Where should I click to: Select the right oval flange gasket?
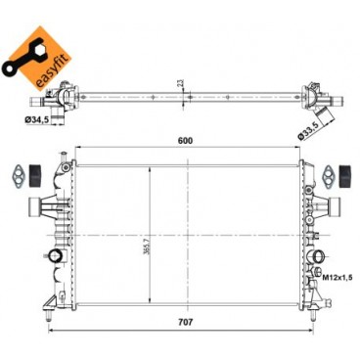tap(327, 173)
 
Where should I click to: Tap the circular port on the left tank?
tap(58, 258)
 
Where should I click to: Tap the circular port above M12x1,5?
tap(317, 259)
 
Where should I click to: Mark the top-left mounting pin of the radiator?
tap(58, 157)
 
